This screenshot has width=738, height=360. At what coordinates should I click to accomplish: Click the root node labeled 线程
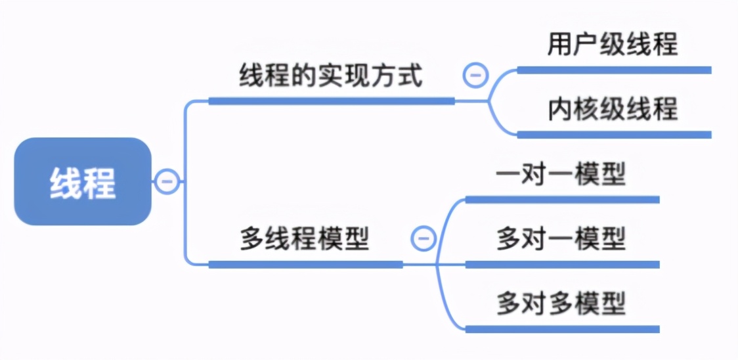click(x=83, y=181)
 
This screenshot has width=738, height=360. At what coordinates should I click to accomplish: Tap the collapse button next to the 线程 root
click(x=167, y=181)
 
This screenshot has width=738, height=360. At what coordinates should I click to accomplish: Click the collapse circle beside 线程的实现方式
click(x=475, y=76)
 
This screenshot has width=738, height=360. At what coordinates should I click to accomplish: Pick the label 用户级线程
click(x=613, y=45)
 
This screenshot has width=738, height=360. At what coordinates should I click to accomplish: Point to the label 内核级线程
click(x=613, y=109)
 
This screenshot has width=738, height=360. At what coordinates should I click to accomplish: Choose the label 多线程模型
click(x=305, y=239)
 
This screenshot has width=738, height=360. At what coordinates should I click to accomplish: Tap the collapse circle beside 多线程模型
click(x=423, y=237)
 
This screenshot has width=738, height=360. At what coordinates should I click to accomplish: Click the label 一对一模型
click(x=561, y=175)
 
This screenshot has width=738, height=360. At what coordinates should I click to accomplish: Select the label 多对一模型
click(x=561, y=238)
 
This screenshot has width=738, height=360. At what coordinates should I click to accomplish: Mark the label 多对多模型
click(x=561, y=303)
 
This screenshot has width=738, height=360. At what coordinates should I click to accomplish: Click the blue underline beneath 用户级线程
click(x=614, y=70)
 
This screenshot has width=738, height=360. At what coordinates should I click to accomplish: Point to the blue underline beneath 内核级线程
click(x=614, y=135)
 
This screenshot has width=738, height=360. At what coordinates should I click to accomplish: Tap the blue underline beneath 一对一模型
click(x=562, y=199)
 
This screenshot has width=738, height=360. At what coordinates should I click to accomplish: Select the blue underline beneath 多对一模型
click(x=562, y=264)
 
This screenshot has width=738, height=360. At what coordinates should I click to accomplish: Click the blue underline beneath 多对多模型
click(x=562, y=328)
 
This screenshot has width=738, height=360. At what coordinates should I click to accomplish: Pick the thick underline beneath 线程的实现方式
click(x=331, y=101)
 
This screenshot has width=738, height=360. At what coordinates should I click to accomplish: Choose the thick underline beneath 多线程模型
click(x=305, y=264)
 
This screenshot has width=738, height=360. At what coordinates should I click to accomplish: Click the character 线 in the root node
click(x=66, y=183)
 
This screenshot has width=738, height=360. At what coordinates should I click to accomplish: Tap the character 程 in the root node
click(x=99, y=183)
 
